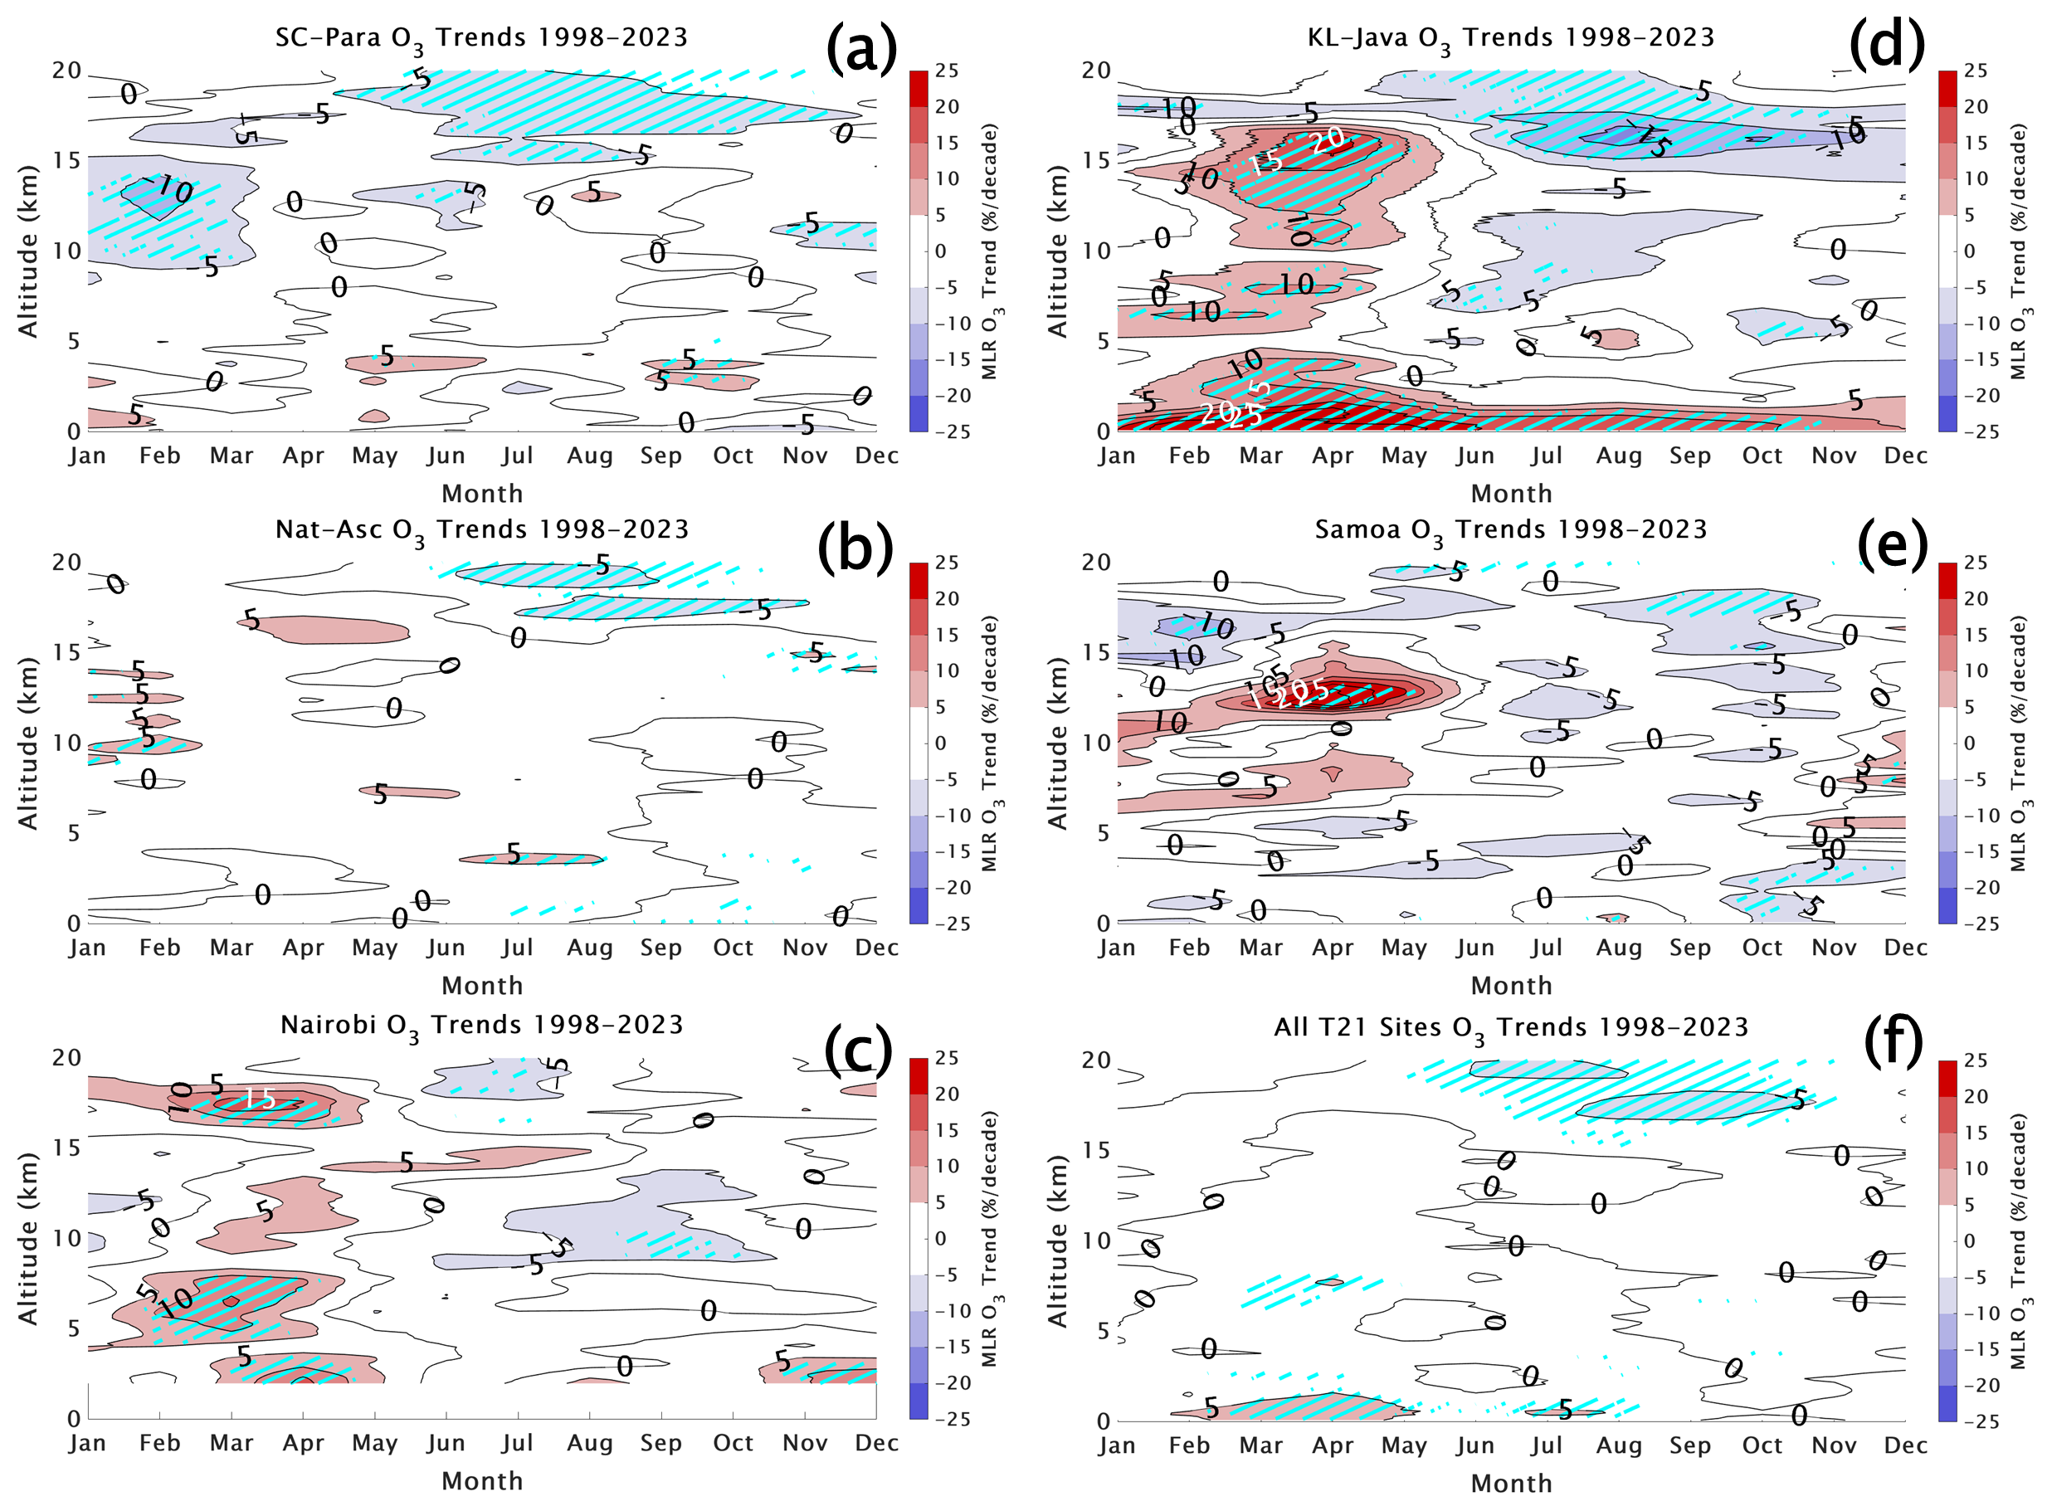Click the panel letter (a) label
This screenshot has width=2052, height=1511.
click(860, 47)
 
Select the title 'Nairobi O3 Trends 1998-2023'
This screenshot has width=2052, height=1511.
click(482, 1026)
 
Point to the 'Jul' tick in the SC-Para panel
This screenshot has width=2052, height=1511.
click(517, 456)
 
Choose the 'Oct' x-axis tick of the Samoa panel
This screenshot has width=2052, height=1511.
click(1762, 948)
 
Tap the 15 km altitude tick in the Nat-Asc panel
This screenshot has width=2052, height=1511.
click(66, 652)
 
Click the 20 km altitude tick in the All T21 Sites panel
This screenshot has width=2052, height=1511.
click(1095, 1060)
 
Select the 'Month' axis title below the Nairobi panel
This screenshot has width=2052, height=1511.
click(482, 1481)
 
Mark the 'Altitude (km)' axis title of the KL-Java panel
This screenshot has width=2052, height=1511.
click(1057, 251)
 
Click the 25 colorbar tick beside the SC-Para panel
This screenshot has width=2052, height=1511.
click(948, 71)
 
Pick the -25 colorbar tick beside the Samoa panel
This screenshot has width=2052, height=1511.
click(1975, 924)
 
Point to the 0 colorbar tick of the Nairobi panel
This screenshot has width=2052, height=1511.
click(940, 1239)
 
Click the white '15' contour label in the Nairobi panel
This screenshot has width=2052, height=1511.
click(260, 1099)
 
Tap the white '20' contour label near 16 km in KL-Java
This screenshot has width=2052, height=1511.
click(1327, 140)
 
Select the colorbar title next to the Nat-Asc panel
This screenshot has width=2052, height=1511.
click(992, 743)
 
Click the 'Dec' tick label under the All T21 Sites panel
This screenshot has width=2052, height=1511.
click(1905, 1445)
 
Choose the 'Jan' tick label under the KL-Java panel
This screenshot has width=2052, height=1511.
click(1117, 456)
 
